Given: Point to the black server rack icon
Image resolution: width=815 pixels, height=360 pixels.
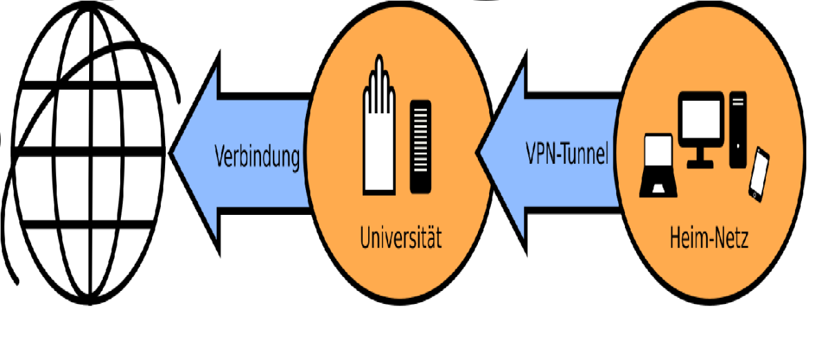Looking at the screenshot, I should [x=421, y=146].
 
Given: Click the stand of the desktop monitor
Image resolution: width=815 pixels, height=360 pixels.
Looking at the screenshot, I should [x=700, y=158].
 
